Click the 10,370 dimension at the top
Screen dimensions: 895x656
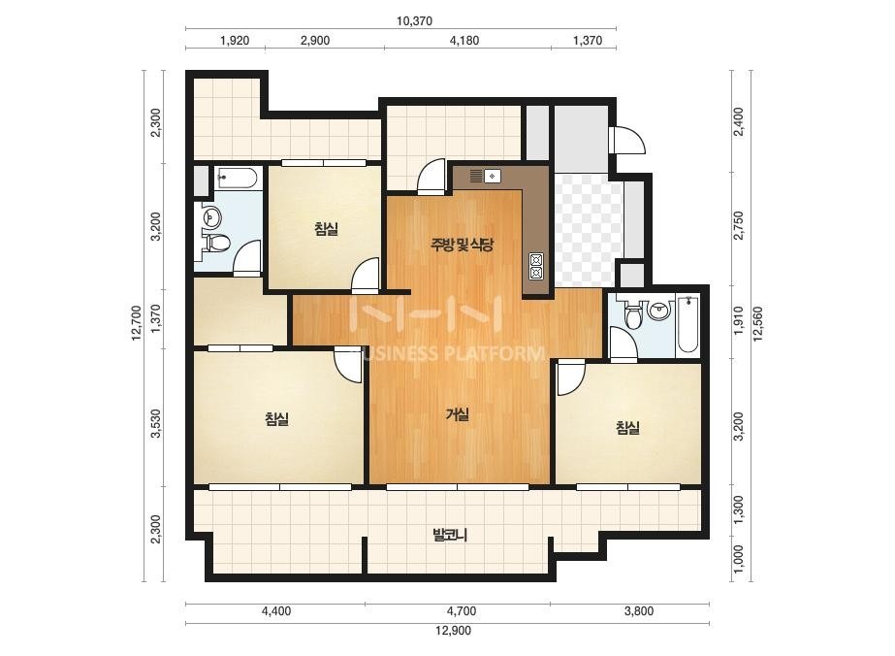pos(414,21)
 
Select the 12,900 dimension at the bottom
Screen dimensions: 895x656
pos(453,631)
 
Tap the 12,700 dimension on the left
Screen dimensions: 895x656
pos(136,323)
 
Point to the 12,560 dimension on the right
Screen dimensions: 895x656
pos(758,323)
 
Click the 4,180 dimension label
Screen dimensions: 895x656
pos(464,41)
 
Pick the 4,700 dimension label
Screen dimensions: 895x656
pos(462,610)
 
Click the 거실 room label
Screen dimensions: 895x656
pos(458,415)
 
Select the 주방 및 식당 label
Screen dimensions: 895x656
pos(462,246)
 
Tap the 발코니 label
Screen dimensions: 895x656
pos(450,536)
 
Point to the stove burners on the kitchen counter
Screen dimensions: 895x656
pos(536,266)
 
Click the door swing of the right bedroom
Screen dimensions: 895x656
pos(571,378)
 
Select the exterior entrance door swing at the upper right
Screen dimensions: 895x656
pos(628,140)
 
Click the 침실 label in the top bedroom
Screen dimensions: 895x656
pos(326,229)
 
